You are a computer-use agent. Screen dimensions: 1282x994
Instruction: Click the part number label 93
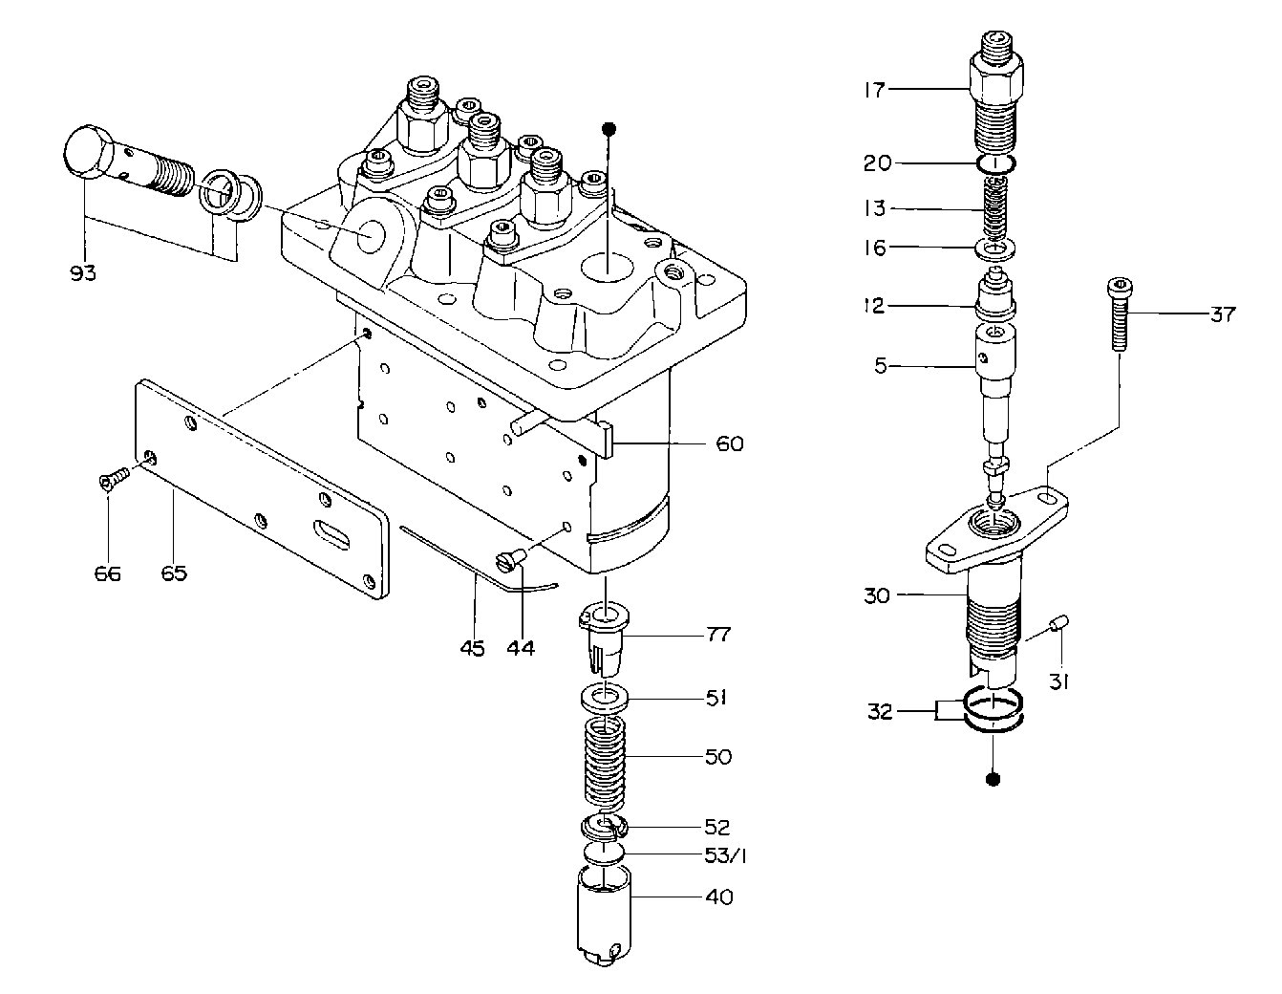click(82, 273)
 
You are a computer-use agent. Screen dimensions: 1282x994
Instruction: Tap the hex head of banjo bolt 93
click(86, 151)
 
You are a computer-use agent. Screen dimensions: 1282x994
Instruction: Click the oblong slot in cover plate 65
click(331, 533)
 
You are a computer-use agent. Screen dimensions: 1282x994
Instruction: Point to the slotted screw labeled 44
click(511, 559)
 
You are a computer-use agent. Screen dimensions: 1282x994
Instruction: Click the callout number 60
click(729, 443)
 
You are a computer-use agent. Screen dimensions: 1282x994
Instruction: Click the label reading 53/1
click(726, 855)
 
